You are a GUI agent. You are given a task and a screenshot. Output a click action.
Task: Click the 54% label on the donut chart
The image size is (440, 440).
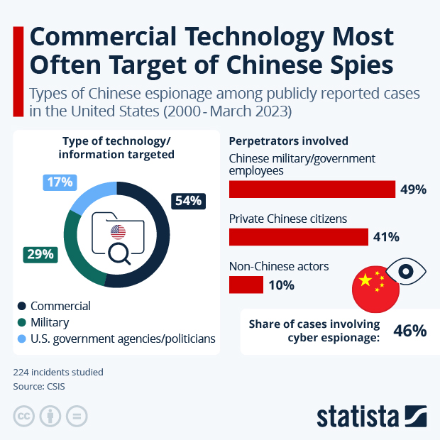pos(188,201)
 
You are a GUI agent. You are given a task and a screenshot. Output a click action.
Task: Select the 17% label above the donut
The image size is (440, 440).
pos(60,182)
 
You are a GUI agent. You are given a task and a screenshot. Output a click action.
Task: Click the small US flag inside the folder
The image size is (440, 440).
pos(118,231)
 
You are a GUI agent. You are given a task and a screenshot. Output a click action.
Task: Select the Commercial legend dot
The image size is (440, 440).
pos(22,307)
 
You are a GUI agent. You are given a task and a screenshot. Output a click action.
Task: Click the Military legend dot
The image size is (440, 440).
pos(22,323)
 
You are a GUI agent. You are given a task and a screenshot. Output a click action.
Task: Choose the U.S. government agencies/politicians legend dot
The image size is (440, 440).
pos(22,339)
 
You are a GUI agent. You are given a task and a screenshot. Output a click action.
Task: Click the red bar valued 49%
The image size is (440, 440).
pos(312,189)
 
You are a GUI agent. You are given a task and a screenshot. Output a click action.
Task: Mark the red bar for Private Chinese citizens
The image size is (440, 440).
pos(298,237)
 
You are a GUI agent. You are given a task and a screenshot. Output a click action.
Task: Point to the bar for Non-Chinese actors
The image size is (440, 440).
pos(246,285)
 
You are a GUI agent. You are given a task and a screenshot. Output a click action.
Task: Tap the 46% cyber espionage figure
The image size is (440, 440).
pos(409,330)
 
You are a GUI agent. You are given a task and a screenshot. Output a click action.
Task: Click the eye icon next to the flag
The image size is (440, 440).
pos(405,271)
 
